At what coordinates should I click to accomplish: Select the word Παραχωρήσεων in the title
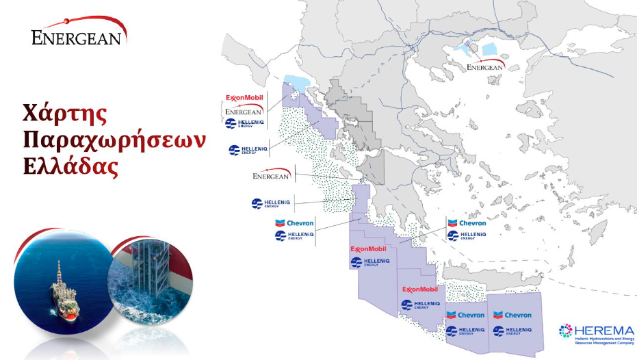[x=114, y=139]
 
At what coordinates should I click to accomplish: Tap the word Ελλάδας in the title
[x=71, y=166]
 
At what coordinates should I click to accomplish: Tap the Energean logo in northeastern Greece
[x=484, y=66]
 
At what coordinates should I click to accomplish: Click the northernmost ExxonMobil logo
[x=244, y=98]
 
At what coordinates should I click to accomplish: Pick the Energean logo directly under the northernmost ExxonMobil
[x=244, y=110]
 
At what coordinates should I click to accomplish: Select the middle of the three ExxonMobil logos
[x=369, y=249]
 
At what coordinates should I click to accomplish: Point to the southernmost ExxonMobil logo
[x=419, y=289]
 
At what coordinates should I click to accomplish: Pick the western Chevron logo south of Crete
[x=465, y=316]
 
